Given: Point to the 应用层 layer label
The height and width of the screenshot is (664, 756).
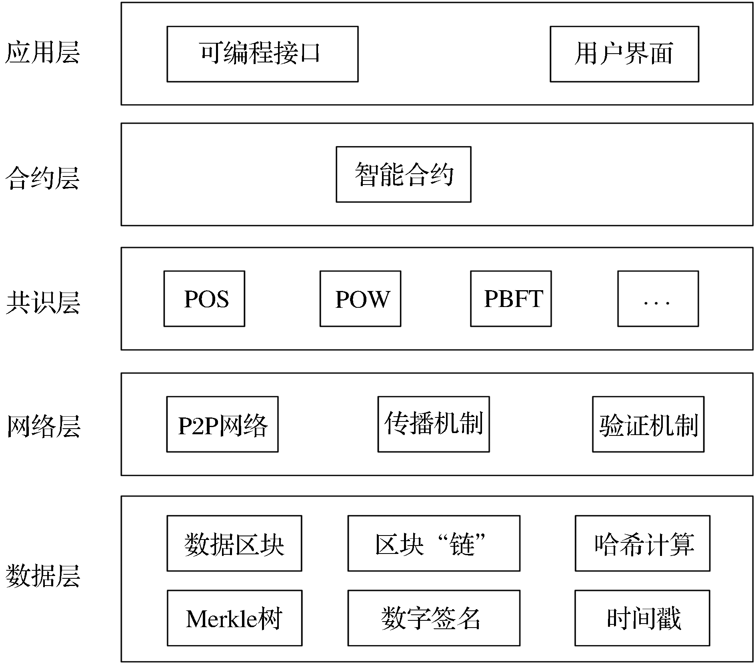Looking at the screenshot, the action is coord(42,52).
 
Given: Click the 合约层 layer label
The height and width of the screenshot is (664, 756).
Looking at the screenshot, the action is coord(42,178).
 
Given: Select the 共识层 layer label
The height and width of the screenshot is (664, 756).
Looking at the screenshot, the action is coord(43,302).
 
